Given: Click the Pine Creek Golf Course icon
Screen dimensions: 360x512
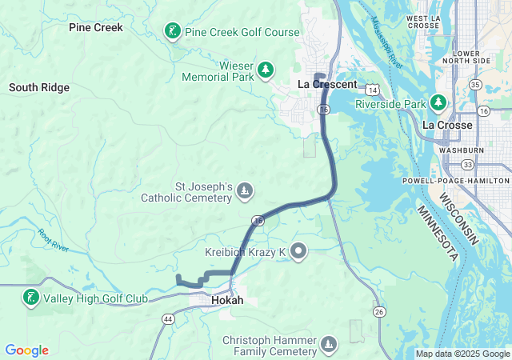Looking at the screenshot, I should (x=172, y=32).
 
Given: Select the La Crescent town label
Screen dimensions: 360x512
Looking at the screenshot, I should (x=327, y=84).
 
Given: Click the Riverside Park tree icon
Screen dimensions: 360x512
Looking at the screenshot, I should (x=438, y=103).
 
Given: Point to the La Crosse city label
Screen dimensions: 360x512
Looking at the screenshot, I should (x=447, y=125).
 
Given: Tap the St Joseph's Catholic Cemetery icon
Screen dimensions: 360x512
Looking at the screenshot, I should (x=246, y=191).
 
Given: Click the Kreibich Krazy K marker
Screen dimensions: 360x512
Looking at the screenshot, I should (x=299, y=253).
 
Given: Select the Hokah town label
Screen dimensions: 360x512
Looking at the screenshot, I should (x=227, y=301).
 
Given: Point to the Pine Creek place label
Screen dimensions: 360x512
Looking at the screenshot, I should (x=96, y=27).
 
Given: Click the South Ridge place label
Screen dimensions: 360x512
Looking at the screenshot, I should (x=39, y=87).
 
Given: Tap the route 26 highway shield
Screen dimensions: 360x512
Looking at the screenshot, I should (x=379, y=310).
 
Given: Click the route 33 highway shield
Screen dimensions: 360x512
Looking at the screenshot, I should (x=467, y=164).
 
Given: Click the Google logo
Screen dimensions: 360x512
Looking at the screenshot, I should (x=26, y=350).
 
